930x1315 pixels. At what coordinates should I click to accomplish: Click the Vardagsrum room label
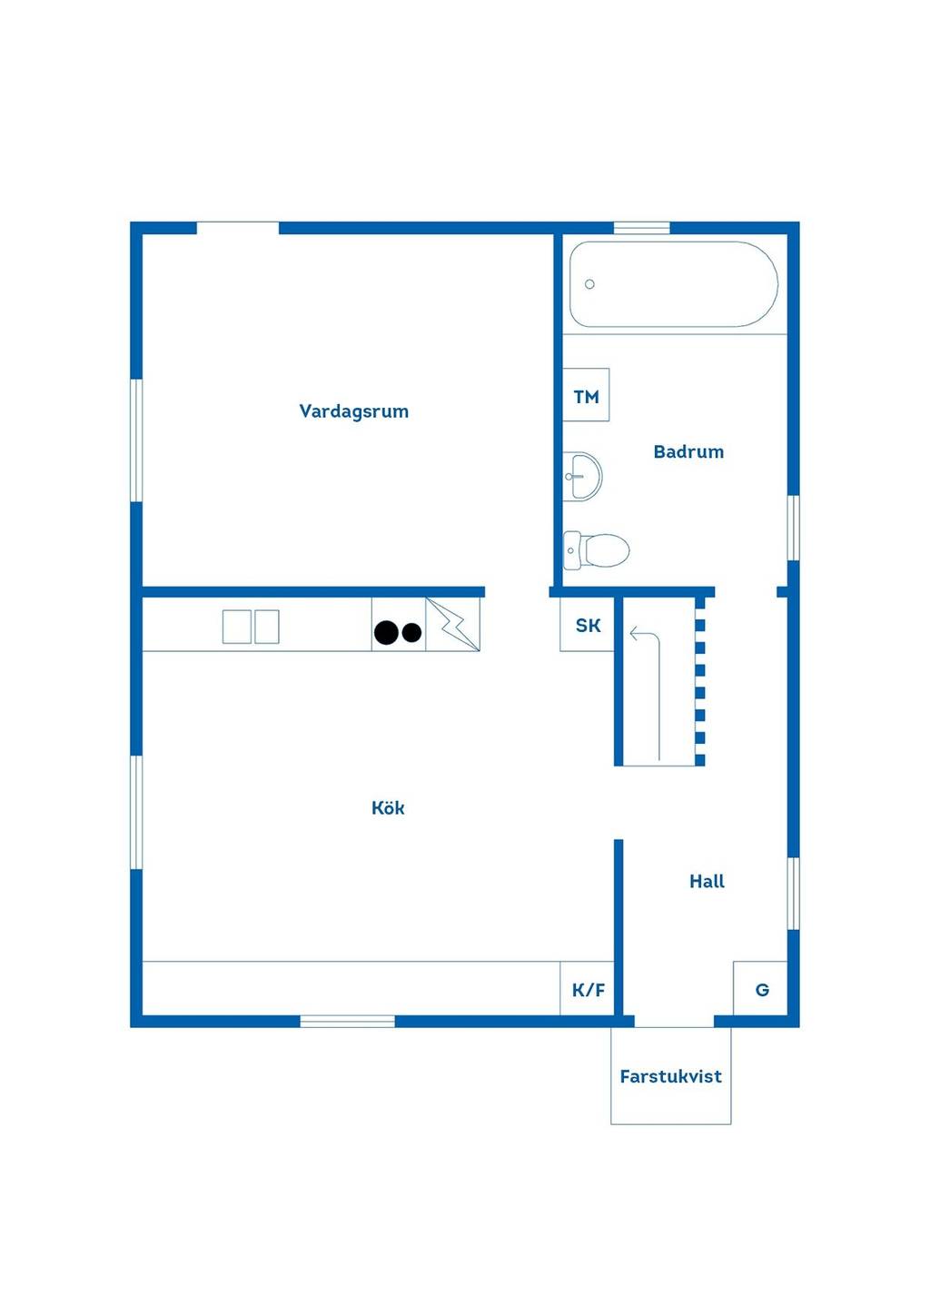(354, 410)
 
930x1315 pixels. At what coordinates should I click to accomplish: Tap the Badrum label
(688, 451)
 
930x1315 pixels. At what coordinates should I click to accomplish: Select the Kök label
(388, 807)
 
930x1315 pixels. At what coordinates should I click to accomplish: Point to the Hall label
(707, 881)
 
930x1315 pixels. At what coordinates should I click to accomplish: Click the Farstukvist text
(671, 1076)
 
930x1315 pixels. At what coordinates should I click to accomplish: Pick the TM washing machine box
(586, 394)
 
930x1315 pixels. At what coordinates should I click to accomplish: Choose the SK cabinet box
(587, 624)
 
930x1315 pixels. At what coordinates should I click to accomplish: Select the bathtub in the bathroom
(674, 284)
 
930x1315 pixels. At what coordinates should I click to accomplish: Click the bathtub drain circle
(590, 284)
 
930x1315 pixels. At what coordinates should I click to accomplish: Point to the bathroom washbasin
(582, 476)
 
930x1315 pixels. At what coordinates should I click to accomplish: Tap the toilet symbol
(596, 550)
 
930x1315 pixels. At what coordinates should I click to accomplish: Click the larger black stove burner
(386, 632)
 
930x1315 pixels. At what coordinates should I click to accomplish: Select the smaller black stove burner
(412, 632)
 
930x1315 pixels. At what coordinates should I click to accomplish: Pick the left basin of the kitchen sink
(237, 627)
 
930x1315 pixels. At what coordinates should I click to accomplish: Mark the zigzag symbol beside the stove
(452, 624)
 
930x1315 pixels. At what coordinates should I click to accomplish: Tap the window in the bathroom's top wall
(642, 228)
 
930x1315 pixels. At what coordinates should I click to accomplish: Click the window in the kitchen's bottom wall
(348, 1022)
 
